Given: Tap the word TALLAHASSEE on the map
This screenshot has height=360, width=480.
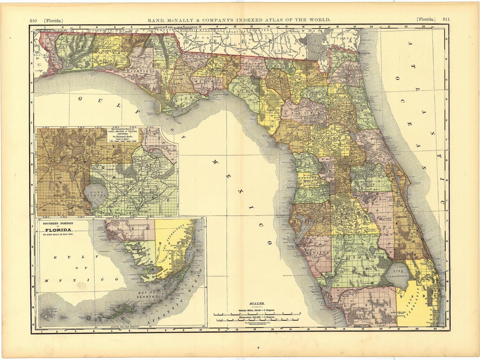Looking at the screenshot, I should click(x=218, y=72).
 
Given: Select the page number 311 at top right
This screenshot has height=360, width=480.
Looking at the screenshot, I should click(x=446, y=19).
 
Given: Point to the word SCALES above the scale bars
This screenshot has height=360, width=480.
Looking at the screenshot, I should click(x=257, y=303).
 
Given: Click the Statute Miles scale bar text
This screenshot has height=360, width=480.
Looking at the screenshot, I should click(x=256, y=311).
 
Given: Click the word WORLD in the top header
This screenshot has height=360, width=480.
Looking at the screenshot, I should click(x=318, y=20).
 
